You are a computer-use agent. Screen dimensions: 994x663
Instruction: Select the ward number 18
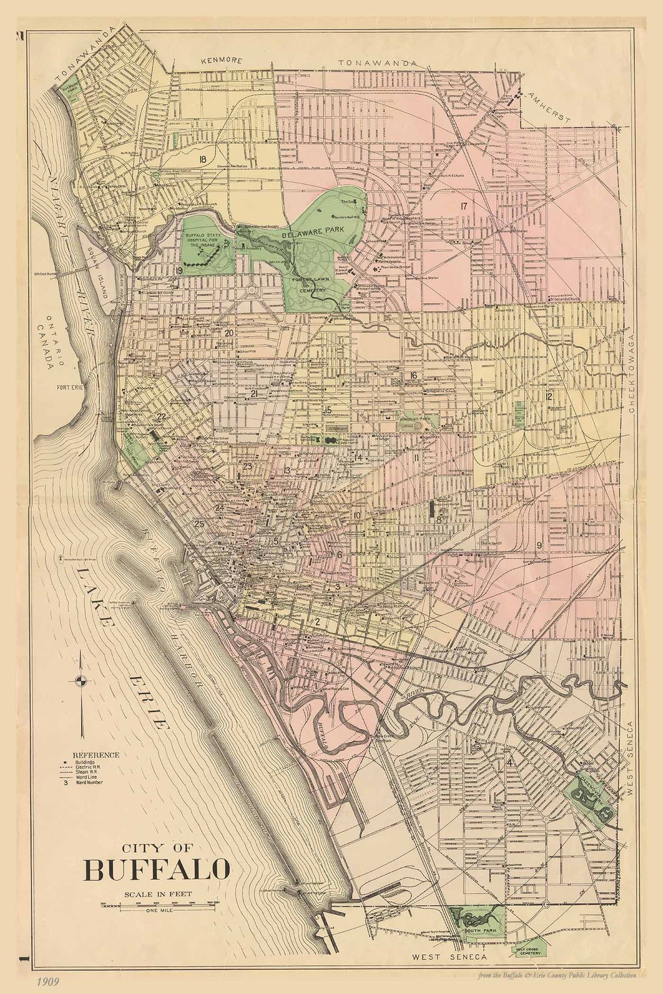click(203, 159)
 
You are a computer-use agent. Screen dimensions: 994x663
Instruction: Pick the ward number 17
click(464, 206)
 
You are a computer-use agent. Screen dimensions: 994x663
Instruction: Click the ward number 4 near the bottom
click(511, 764)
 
